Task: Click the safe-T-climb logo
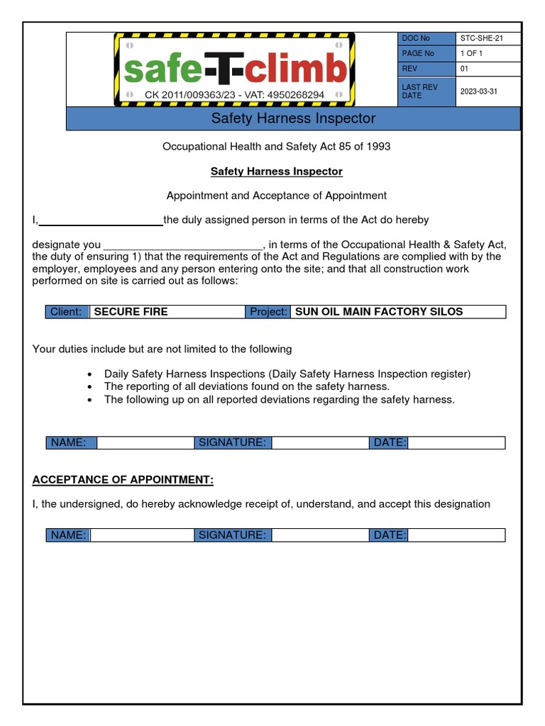(x=235, y=69)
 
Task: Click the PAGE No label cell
(x=426, y=54)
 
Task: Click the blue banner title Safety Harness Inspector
(x=293, y=118)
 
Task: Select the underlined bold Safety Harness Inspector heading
(x=276, y=172)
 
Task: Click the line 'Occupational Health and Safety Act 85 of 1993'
(x=276, y=147)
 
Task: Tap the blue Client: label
(x=67, y=312)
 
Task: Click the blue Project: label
(x=268, y=312)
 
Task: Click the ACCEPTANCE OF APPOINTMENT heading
(x=123, y=480)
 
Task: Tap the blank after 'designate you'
(x=183, y=245)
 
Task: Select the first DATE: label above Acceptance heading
(x=389, y=443)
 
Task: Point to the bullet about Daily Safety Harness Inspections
(x=287, y=374)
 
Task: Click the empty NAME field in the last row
(x=142, y=535)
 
